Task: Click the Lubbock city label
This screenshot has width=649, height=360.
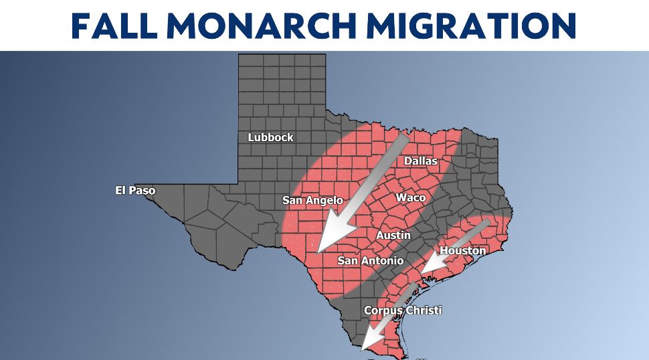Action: [x=270, y=137]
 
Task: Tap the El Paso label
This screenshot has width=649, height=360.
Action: [x=135, y=191]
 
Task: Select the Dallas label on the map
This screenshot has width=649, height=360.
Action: [x=420, y=161]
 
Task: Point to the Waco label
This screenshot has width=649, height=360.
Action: [x=410, y=197]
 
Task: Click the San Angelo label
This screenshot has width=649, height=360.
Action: [x=312, y=200]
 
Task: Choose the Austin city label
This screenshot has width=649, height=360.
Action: [x=393, y=236]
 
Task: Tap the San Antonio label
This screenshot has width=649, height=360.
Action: [x=370, y=260]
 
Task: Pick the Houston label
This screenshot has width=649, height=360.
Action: [x=462, y=250]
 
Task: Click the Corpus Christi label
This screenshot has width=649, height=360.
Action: [x=403, y=310]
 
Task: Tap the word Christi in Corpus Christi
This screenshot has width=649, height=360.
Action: [x=423, y=310]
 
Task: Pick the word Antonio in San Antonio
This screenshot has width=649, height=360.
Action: [x=381, y=260]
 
